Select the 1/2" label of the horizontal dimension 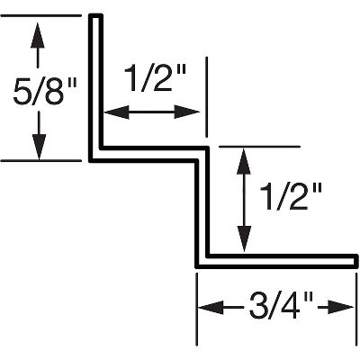point(155,78)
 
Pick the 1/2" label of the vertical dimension point(291,197)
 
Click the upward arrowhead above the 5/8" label point(38,34)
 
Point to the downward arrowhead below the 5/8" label point(40,147)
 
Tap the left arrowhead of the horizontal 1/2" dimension point(116,112)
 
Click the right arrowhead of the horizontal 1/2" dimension point(187,112)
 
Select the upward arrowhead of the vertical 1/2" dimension point(244,161)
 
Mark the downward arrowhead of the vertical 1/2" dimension point(245,239)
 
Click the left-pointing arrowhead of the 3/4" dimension point(211,308)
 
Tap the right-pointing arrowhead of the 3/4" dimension point(340,308)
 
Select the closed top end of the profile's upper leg point(96,16)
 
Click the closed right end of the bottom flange point(356,260)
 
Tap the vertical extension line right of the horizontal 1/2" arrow point(206,96)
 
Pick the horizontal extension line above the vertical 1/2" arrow point(260,147)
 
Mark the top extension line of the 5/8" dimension point(41,15)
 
